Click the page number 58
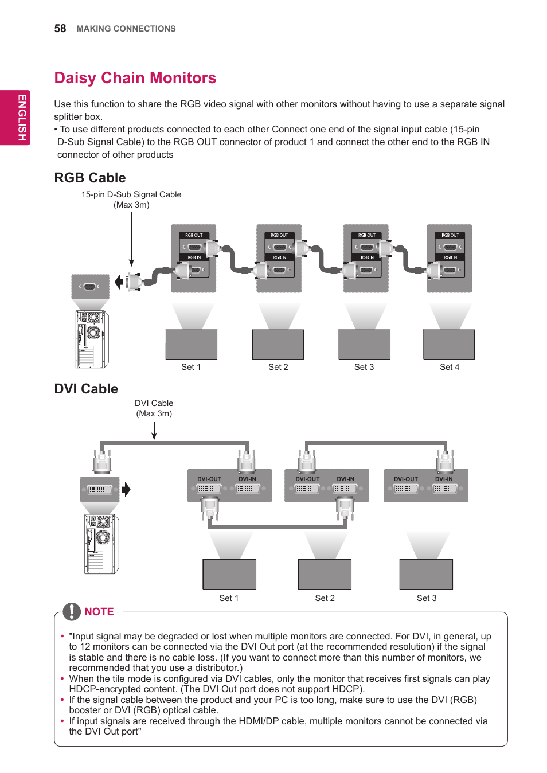[x=60, y=29]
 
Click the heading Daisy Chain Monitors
[x=135, y=78]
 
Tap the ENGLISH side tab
[x=21, y=118]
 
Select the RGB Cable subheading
[x=90, y=178]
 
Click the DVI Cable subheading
[x=86, y=389]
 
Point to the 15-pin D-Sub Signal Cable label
[x=131, y=195]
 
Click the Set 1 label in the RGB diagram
[x=191, y=367]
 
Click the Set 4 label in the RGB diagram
[x=450, y=367]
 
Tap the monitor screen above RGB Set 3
[x=364, y=345]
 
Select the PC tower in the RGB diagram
[x=92, y=339]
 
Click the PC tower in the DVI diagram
[x=101, y=544]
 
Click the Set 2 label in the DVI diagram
[x=325, y=598]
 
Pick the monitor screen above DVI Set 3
[x=426, y=574]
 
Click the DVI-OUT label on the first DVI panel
[x=209, y=479]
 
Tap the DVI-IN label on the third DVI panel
[x=443, y=479]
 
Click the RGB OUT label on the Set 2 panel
[x=279, y=235]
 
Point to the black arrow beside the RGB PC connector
[x=119, y=282]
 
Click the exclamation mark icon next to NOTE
[x=72, y=612]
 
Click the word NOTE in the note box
[x=99, y=612]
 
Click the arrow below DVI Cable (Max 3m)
[x=154, y=431]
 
